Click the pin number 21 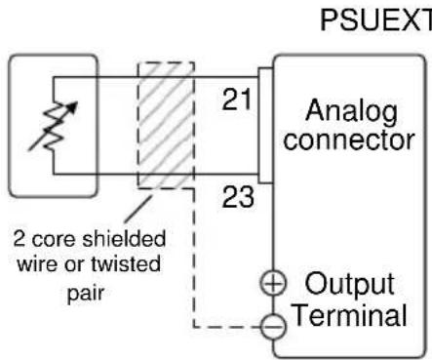[x=237, y=100]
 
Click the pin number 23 [x=238, y=197]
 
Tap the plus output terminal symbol [x=273, y=284]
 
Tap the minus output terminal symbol [x=274, y=327]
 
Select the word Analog [x=351, y=112]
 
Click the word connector [x=349, y=140]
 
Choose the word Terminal [x=350, y=314]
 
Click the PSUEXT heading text [x=376, y=20]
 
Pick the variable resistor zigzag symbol [x=54, y=126]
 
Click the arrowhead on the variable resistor [x=73, y=107]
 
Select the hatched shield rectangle [x=166, y=125]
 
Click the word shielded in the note [x=124, y=239]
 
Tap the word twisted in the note [x=126, y=263]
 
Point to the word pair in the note [x=86, y=294]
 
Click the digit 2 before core [x=19, y=239]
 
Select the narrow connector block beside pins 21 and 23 [x=265, y=126]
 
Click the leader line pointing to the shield [x=137, y=208]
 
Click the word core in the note [x=54, y=240]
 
